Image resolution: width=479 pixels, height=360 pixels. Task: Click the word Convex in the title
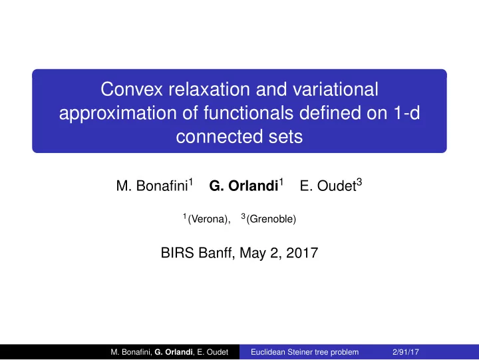coord(132,89)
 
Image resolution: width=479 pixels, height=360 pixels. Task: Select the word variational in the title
coord(335,89)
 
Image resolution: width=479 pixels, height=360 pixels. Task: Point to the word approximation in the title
coord(118,113)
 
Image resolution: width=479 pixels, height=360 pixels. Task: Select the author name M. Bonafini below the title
coord(152,186)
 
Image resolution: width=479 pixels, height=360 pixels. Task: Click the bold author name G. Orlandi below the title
coord(243,186)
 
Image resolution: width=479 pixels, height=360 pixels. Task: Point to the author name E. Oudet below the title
coord(328,186)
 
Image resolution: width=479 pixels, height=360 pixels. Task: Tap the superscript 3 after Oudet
coord(359,182)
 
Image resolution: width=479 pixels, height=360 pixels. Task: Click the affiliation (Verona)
coord(209,219)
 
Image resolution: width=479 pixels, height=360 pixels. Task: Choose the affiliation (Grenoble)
coord(271,219)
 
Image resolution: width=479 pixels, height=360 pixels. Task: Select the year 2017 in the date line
coord(302,253)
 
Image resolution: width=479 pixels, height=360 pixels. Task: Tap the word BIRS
coord(177,253)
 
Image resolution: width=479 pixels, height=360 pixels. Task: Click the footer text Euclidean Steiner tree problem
coord(305,352)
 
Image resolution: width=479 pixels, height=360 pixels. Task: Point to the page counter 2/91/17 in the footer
coord(406,352)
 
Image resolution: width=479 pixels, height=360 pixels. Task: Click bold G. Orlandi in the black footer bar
coord(174,352)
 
